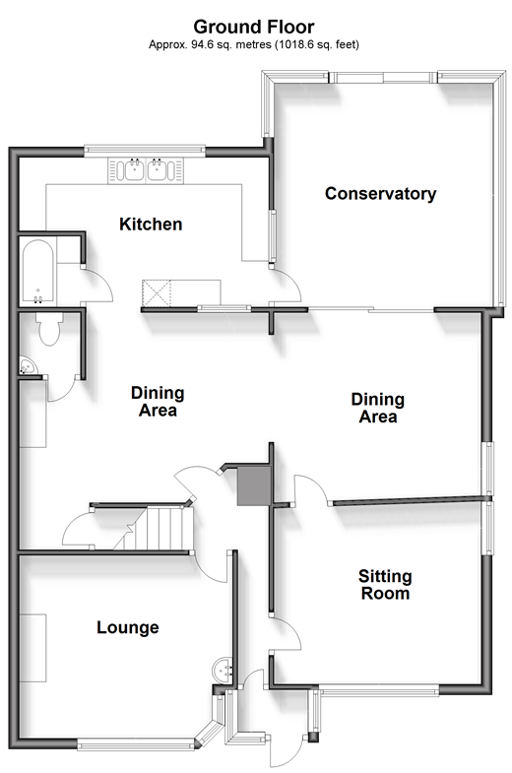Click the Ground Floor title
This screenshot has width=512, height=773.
point(254,27)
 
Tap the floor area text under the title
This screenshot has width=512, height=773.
point(254,45)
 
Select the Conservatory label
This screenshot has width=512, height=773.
point(380,194)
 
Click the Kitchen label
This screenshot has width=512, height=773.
point(151,225)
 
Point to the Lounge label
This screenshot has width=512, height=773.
point(128,627)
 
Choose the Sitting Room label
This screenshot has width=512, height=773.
point(385,585)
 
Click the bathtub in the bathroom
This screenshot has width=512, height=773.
point(38,272)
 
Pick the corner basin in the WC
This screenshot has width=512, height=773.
point(28,366)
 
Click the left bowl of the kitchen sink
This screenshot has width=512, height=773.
point(134,169)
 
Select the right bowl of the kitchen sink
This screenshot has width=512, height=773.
point(158,169)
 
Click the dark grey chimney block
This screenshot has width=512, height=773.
point(254,486)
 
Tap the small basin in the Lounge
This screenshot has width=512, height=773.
point(223,671)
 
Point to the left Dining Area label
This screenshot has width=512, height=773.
point(158,402)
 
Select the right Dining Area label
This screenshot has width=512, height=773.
point(378,409)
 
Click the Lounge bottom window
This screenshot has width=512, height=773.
point(136,743)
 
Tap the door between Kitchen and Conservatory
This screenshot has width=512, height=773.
point(285,287)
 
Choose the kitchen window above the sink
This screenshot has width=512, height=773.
point(145,151)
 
